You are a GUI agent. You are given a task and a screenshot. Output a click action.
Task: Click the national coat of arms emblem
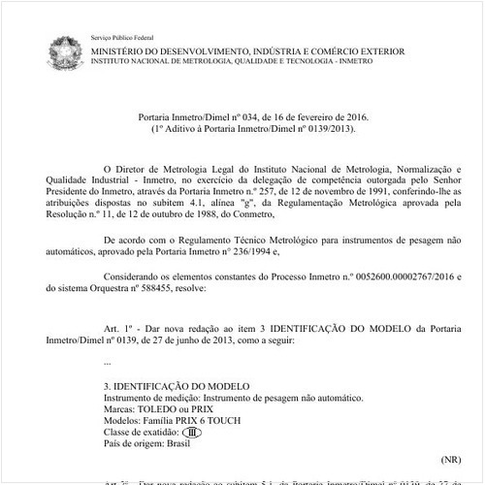pyautogui.click(x=65, y=51)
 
